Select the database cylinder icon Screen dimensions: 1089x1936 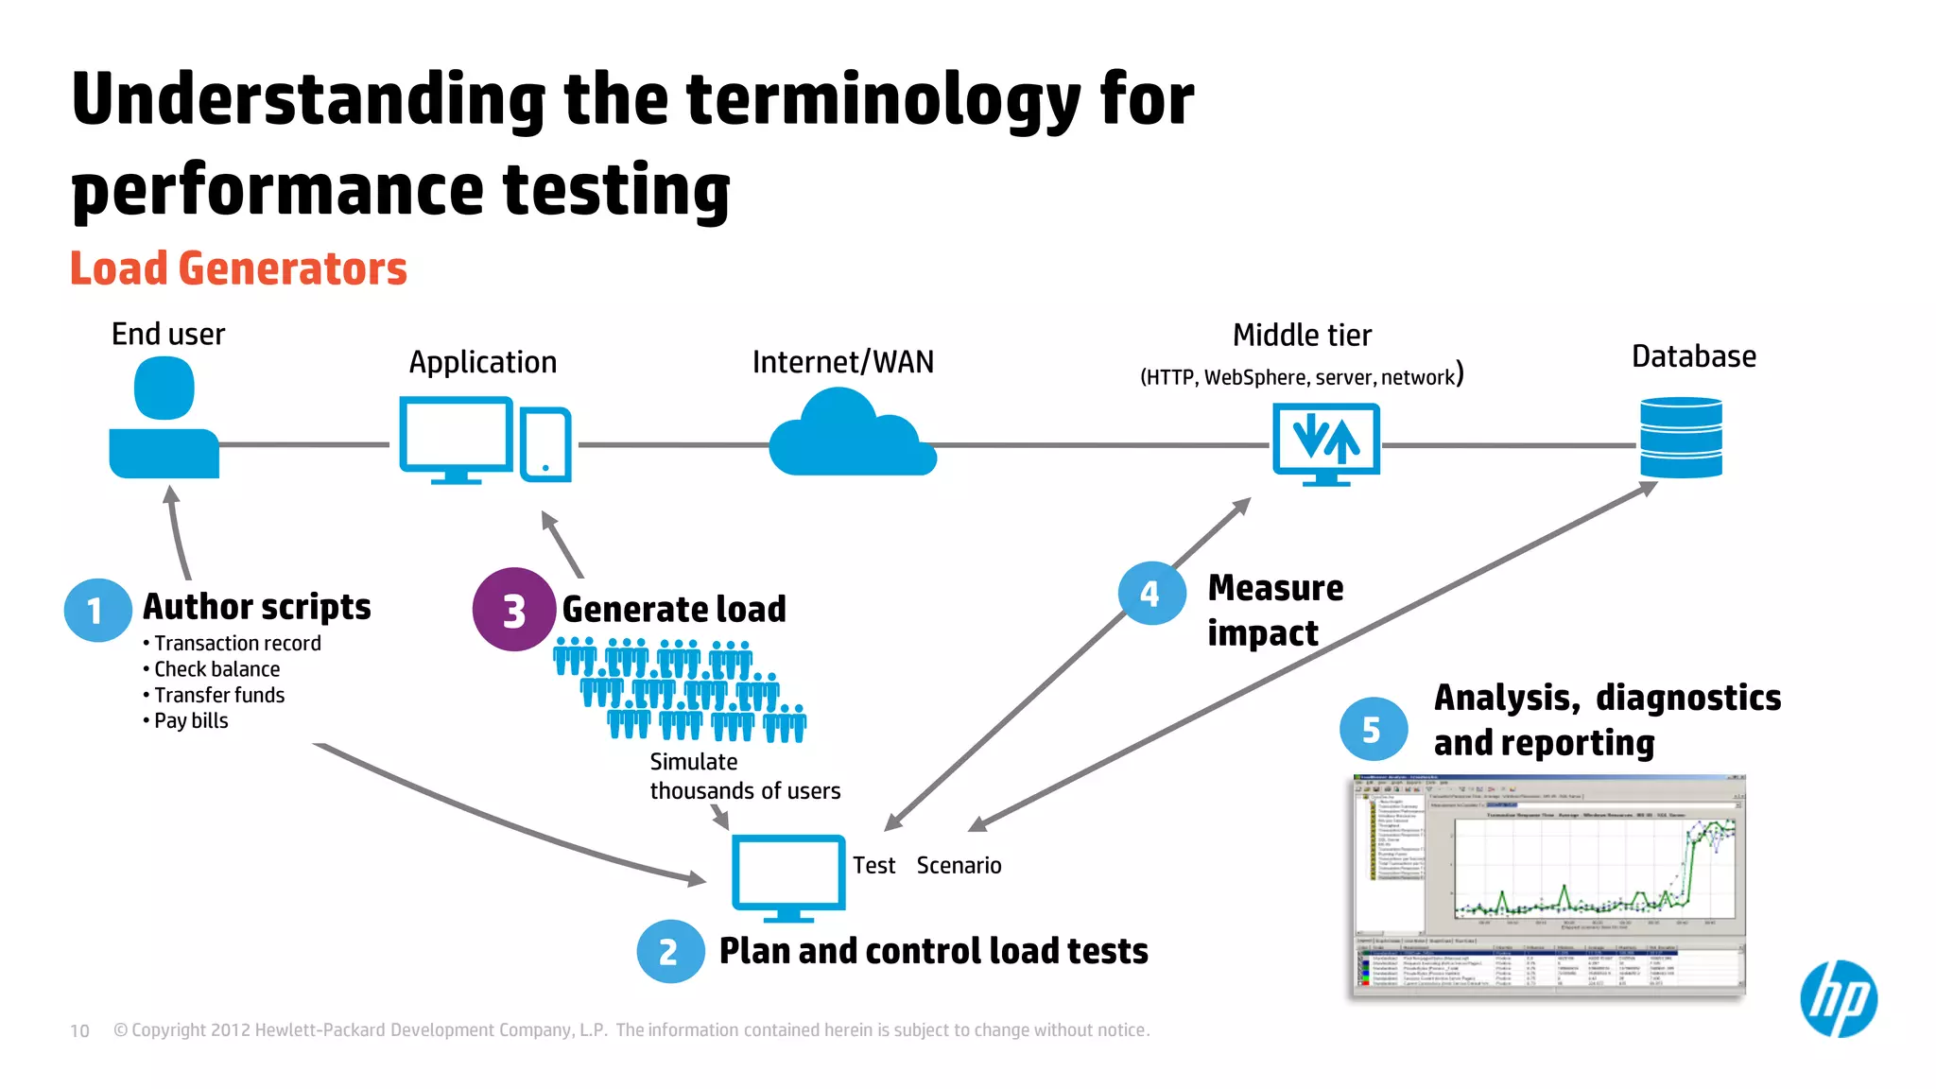pos(1681,438)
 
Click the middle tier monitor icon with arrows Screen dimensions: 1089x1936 pos(1325,442)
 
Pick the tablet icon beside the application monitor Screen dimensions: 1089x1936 pos(545,443)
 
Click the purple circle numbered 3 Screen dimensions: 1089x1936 pos(513,610)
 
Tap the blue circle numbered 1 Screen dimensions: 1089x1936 pos(97,611)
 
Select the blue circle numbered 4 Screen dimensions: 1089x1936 pos(1150,594)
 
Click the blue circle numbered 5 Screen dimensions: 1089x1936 pos(1373,729)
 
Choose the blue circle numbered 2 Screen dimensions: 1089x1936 pos(669,951)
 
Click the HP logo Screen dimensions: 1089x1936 pos(1838,999)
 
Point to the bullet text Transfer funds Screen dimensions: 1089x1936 pos(218,696)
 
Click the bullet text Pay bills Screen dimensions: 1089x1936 pos(191,721)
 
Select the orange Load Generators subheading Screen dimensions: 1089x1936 pos(238,268)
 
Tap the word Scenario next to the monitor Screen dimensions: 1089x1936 pos(959,866)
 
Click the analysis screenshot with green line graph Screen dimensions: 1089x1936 pos(1548,885)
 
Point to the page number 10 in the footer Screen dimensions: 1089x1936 pos(79,1030)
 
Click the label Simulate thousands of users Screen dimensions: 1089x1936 pos(744,776)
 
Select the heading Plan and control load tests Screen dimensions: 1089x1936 pos(933,951)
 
